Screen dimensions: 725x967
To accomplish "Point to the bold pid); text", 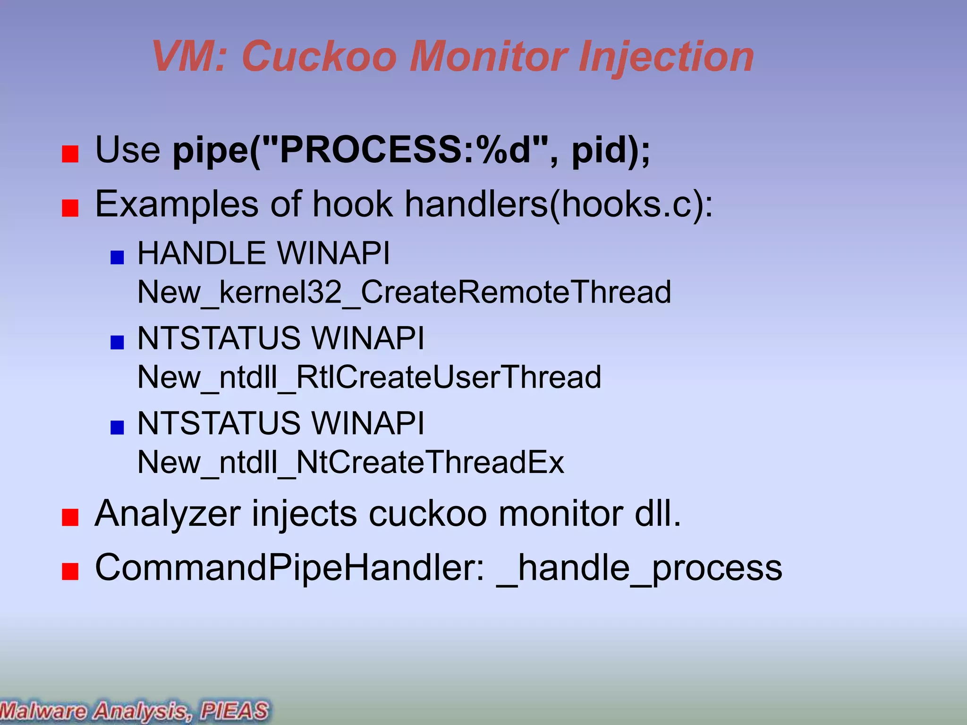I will (x=611, y=150).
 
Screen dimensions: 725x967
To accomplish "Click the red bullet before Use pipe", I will (x=70, y=154).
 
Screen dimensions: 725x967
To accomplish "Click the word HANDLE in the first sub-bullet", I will (x=202, y=253).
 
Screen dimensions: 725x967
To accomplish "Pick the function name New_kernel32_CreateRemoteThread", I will (x=404, y=292).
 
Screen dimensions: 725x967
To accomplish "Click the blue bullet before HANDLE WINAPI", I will (x=117, y=257).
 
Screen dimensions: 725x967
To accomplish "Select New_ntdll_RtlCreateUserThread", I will (x=369, y=377).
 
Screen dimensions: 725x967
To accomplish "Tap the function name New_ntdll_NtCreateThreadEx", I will (x=350, y=462).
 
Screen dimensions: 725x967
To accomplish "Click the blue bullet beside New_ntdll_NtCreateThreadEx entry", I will (x=117, y=427).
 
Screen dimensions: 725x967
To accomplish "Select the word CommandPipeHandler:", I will (x=289, y=567).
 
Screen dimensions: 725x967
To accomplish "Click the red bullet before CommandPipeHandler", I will (x=70, y=571).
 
